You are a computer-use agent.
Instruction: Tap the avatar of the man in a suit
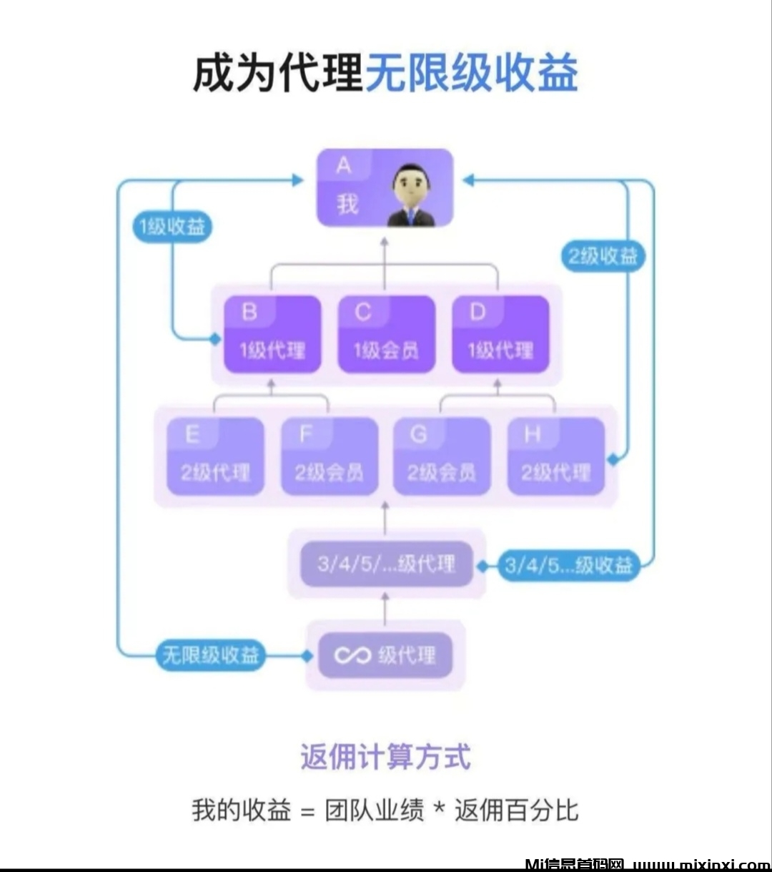click(413, 195)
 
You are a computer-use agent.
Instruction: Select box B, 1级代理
click(272, 335)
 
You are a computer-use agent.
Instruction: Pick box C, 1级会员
click(386, 335)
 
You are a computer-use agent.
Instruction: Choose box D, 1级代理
click(500, 335)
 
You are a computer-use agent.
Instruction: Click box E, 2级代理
click(215, 456)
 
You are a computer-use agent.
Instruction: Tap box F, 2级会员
click(329, 456)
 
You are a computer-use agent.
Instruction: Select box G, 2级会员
click(442, 456)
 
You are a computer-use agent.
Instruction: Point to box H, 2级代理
click(555, 456)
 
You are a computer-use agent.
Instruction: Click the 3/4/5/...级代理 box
click(386, 564)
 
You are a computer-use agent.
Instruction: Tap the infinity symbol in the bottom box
click(352, 655)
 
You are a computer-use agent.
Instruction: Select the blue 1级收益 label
click(172, 227)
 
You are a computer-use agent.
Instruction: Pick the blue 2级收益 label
click(603, 256)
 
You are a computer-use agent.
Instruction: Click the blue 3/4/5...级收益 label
click(569, 566)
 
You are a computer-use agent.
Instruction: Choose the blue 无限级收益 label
click(210, 655)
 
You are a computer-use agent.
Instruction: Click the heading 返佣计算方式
click(386, 757)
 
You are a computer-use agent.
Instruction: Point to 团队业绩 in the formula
click(374, 811)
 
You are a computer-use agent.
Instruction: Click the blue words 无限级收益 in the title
click(472, 74)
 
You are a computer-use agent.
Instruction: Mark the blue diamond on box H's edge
click(613, 459)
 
